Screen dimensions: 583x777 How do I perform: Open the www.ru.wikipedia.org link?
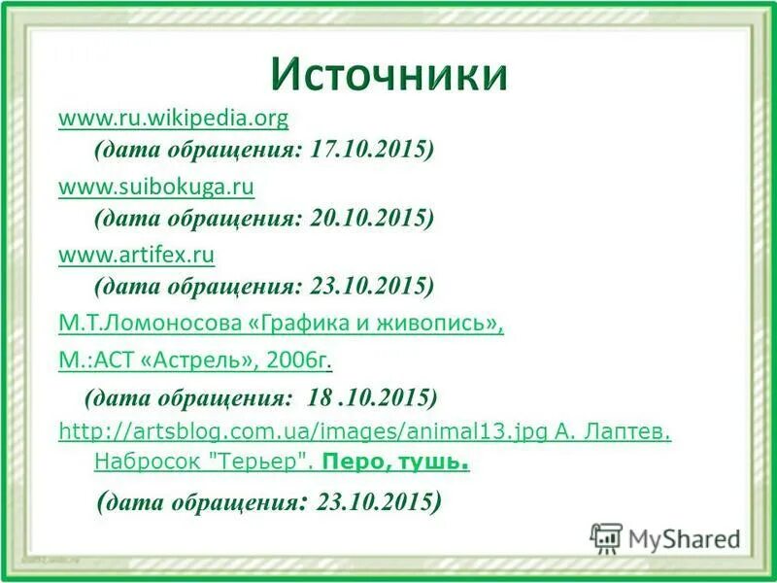(x=174, y=119)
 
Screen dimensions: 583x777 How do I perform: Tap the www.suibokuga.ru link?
(x=156, y=186)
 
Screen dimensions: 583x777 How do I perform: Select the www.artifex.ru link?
(x=137, y=255)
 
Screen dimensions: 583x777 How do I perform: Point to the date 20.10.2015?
(x=372, y=218)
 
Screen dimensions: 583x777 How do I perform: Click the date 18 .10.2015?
(x=373, y=397)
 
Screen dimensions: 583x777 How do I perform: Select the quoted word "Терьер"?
(x=261, y=463)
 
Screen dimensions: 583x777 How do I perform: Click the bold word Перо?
(x=354, y=463)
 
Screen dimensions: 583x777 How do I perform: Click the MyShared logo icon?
(x=606, y=537)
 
